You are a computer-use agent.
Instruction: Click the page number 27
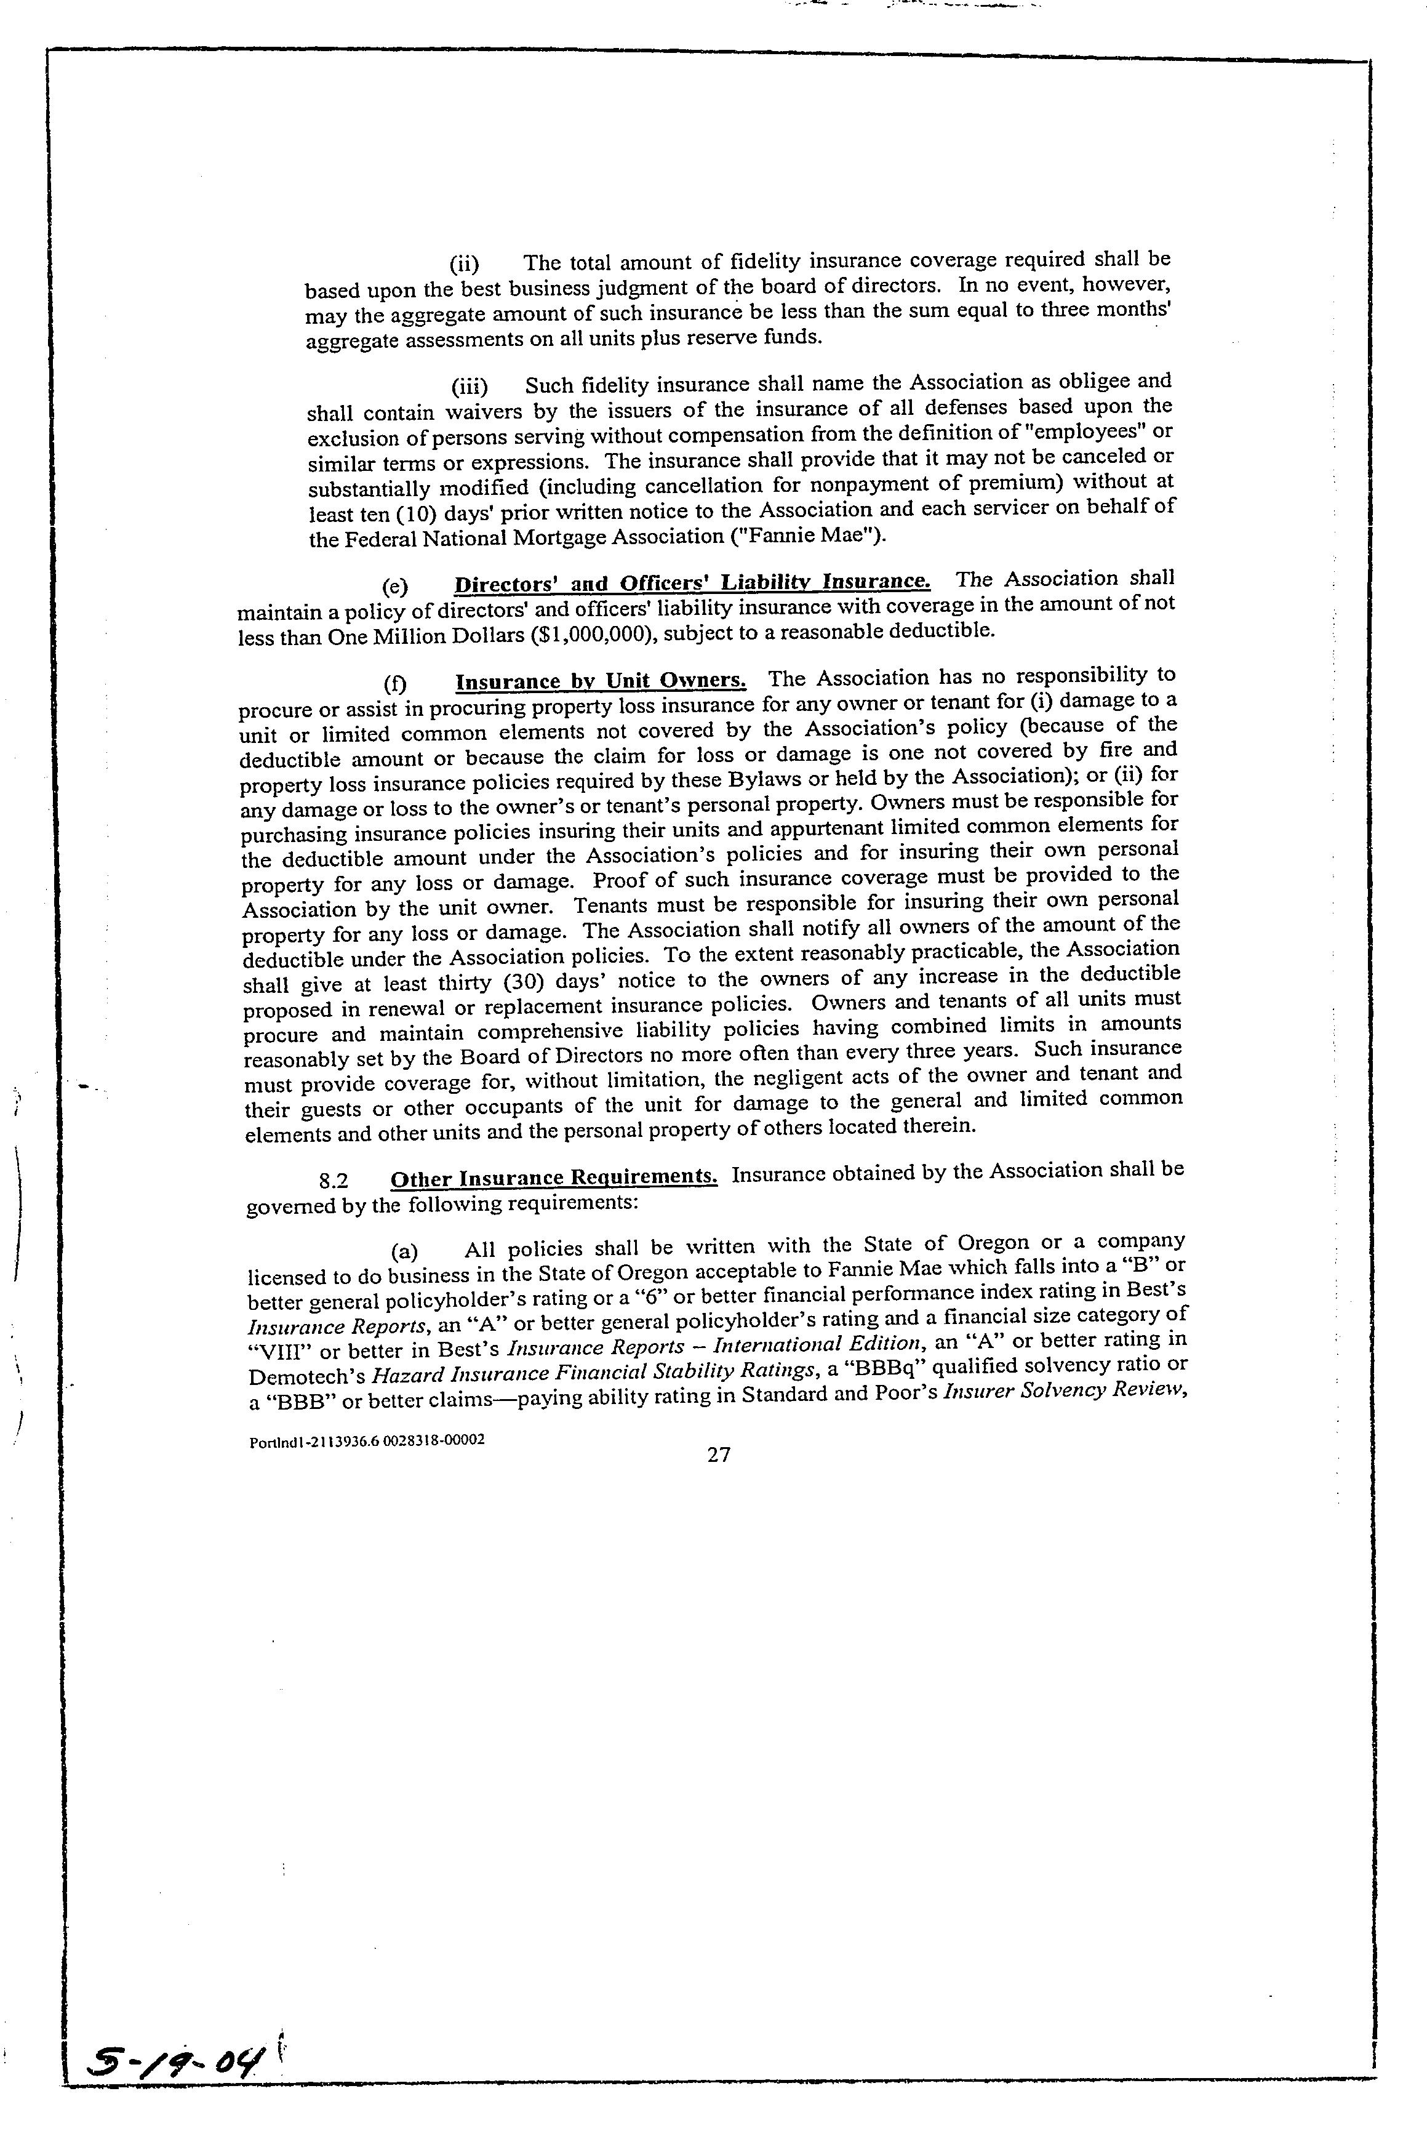718,1455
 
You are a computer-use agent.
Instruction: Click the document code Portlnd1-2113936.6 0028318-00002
366,1442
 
